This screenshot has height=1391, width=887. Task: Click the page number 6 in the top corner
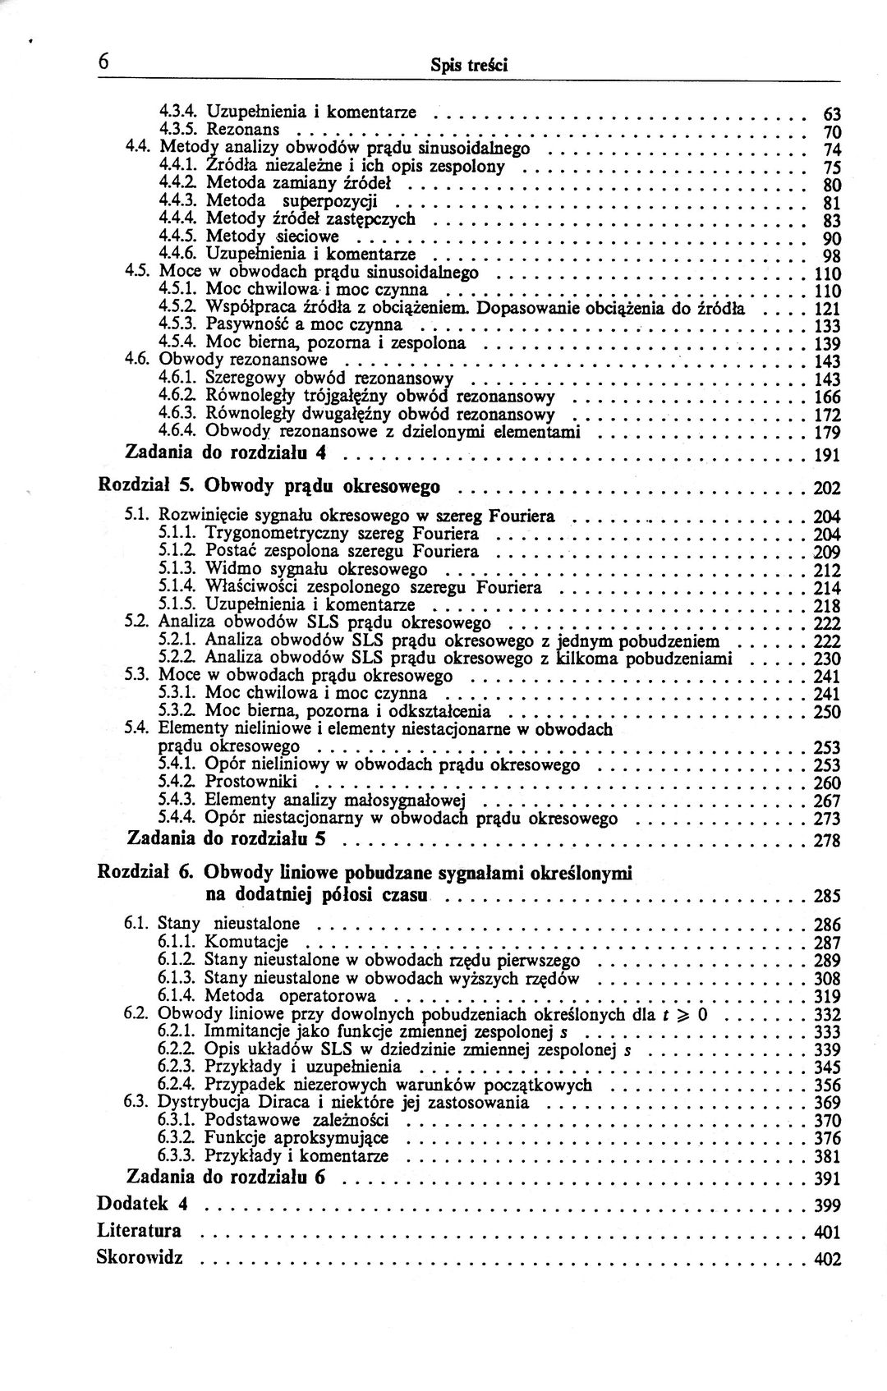(x=104, y=62)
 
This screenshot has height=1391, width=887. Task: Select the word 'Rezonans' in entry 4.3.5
(x=242, y=130)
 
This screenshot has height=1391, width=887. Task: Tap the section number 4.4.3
(x=177, y=201)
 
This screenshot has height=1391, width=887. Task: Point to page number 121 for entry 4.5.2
(x=826, y=310)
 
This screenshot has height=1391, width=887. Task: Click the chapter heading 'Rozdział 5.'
(x=145, y=487)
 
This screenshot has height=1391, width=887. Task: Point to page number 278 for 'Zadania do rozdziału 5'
(x=826, y=841)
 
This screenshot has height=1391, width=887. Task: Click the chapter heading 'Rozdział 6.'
(x=145, y=872)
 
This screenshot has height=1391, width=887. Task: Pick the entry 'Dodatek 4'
(x=143, y=1205)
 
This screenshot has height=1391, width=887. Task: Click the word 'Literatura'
(x=139, y=1231)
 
